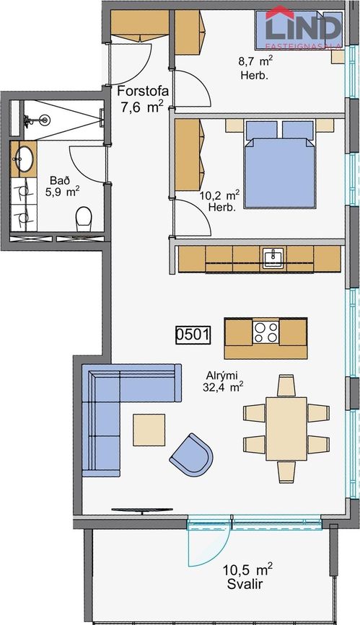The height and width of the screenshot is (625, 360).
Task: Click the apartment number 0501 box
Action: tap(193, 334)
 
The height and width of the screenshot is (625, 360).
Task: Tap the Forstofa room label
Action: tap(143, 92)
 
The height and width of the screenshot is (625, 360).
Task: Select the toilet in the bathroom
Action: tap(84, 218)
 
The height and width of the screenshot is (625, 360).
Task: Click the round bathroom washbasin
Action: tap(25, 159)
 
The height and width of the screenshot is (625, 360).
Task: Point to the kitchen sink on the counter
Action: tap(273, 257)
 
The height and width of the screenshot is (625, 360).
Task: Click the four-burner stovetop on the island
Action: tap(265, 332)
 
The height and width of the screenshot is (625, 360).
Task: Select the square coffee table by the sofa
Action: tap(149, 430)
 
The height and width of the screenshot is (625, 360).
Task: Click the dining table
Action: tap(286, 428)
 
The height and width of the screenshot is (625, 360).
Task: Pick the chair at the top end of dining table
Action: tap(286, 386)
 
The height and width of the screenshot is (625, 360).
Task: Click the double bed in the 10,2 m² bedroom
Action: tap(280, 164)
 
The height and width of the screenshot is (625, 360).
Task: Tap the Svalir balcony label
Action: tap(245, 585)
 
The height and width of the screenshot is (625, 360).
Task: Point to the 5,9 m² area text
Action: tap(62, 192)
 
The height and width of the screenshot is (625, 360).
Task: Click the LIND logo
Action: tap(303, 28)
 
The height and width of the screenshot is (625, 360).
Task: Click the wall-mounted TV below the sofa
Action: tap(142, 510)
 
